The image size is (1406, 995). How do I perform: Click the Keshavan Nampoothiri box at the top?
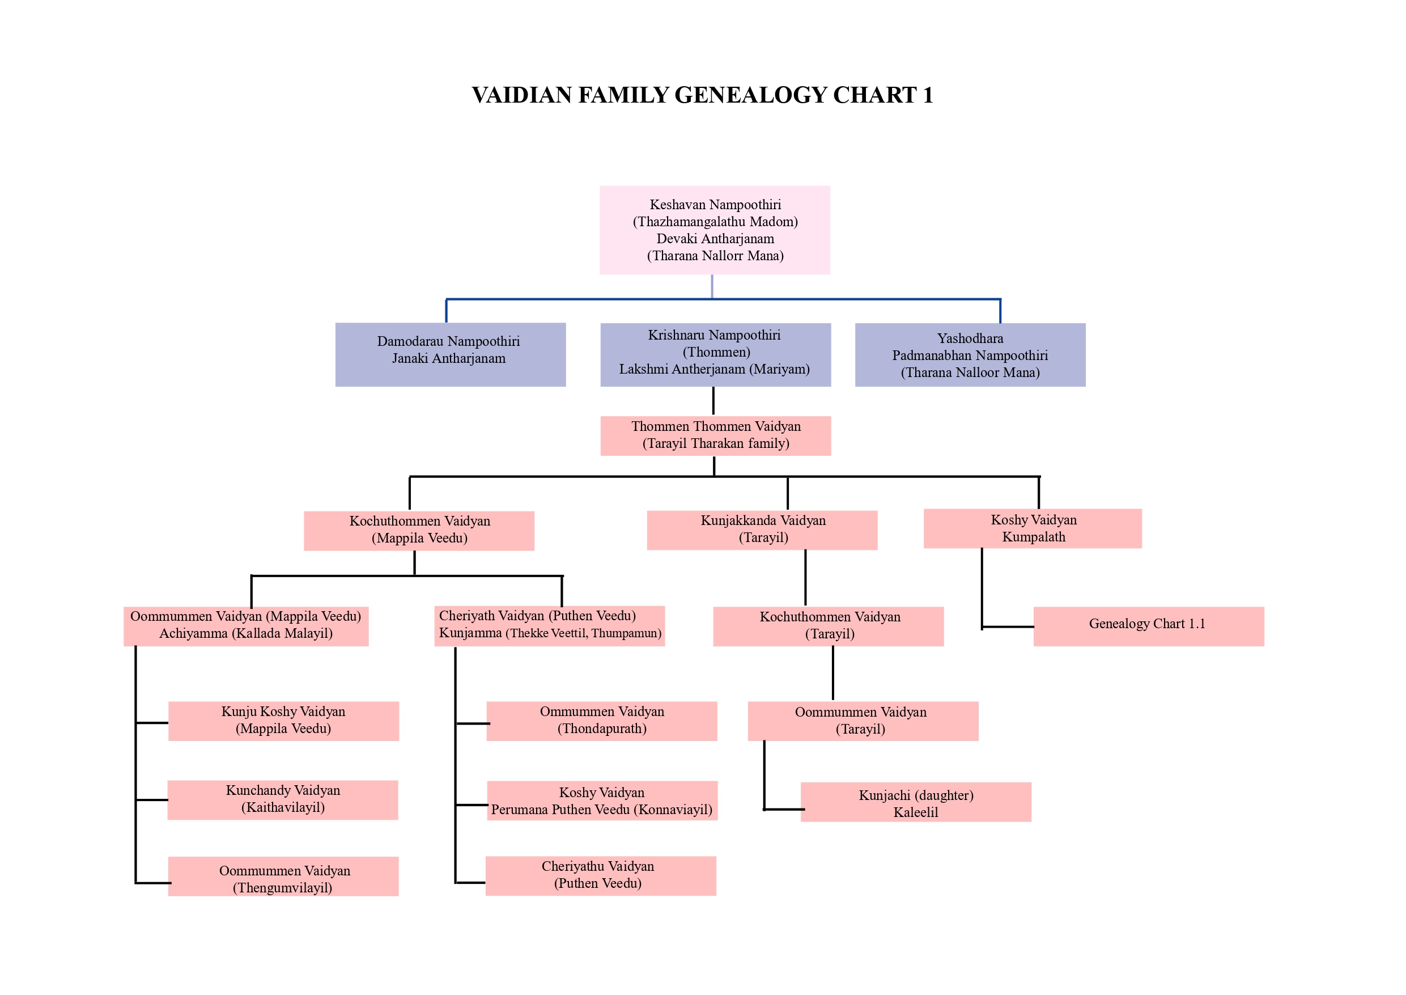715,230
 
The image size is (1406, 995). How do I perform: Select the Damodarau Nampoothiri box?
450,354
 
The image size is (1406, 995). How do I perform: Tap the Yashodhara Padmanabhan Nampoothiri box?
970,355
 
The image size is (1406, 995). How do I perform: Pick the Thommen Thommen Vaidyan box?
715,435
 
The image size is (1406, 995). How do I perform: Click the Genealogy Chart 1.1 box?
1148,625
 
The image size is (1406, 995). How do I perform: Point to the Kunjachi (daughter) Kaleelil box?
915,802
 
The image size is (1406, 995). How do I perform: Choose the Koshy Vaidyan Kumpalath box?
1033,528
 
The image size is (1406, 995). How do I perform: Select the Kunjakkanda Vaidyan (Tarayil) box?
762,530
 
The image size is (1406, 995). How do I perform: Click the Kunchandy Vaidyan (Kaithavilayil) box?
282,799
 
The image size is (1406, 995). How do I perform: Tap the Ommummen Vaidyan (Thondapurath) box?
601,721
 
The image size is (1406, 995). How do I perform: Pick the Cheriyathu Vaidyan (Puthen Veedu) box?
600,875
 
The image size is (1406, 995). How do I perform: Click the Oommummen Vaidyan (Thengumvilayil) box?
283,876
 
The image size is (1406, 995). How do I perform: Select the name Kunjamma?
470,633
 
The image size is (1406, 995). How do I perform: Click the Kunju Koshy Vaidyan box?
283,721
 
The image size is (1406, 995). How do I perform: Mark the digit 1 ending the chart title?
928,96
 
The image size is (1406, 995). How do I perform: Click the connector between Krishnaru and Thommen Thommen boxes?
713,401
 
